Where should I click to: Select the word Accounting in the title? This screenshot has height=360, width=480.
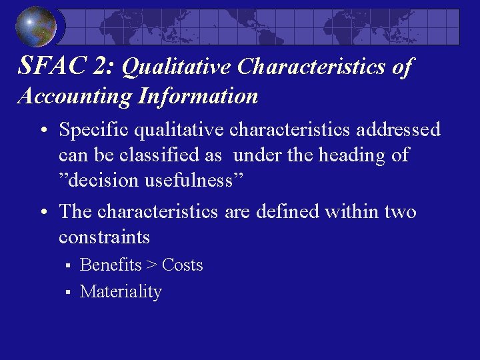pos(74,97)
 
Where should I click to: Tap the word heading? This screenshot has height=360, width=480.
pos(346,156)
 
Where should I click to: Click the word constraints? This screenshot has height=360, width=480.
pos(104,237)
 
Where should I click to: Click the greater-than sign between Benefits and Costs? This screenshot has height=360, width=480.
pos(152,266)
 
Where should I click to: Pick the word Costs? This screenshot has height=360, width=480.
pos(182,265)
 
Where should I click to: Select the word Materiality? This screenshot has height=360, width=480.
pos(121,292)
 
